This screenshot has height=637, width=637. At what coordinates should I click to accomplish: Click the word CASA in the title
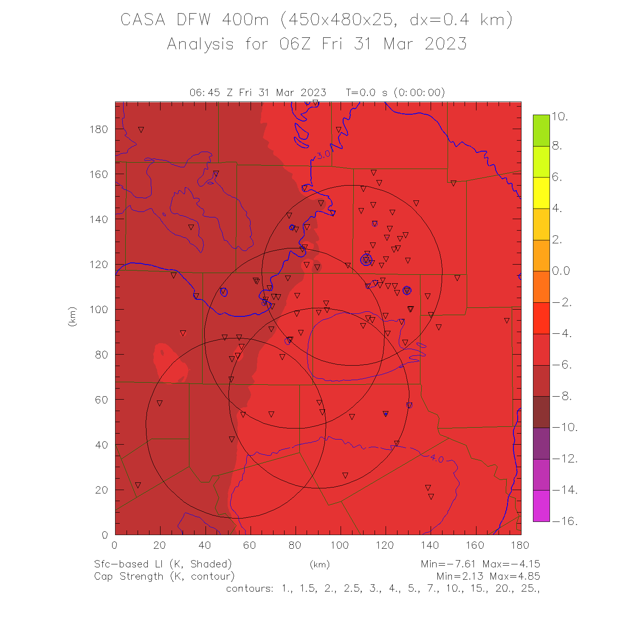pos(143,20)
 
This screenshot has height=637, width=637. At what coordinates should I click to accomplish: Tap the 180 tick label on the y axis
pos(99,129)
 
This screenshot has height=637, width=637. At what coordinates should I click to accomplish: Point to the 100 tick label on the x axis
pos(340,545)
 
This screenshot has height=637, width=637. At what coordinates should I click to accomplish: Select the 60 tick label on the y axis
pos(102,400)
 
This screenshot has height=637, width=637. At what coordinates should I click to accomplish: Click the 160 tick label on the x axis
pos(475,545)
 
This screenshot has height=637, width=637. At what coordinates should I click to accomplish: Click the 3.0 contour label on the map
pos(324,155)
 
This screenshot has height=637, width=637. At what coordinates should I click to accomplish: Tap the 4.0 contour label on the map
pos(437,459)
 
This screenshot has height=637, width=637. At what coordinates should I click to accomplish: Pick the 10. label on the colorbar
pos(560,116)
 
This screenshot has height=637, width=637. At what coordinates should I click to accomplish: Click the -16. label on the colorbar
pos(565,521)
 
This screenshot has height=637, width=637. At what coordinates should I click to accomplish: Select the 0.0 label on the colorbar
pos(561,271)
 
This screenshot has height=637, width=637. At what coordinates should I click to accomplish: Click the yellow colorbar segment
pos(541,193)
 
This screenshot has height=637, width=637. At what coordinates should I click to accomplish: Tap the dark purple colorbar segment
pos(541,443)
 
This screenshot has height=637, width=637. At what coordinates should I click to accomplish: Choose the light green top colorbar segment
pos(541,130)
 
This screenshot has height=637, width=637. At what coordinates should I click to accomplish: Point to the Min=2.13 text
pos(461,576)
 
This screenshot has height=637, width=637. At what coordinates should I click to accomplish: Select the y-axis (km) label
pos(73,316)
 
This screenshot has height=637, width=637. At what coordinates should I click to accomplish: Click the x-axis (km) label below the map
pos(320,564)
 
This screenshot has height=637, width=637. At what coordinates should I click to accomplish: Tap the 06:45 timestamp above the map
pos(205,93)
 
